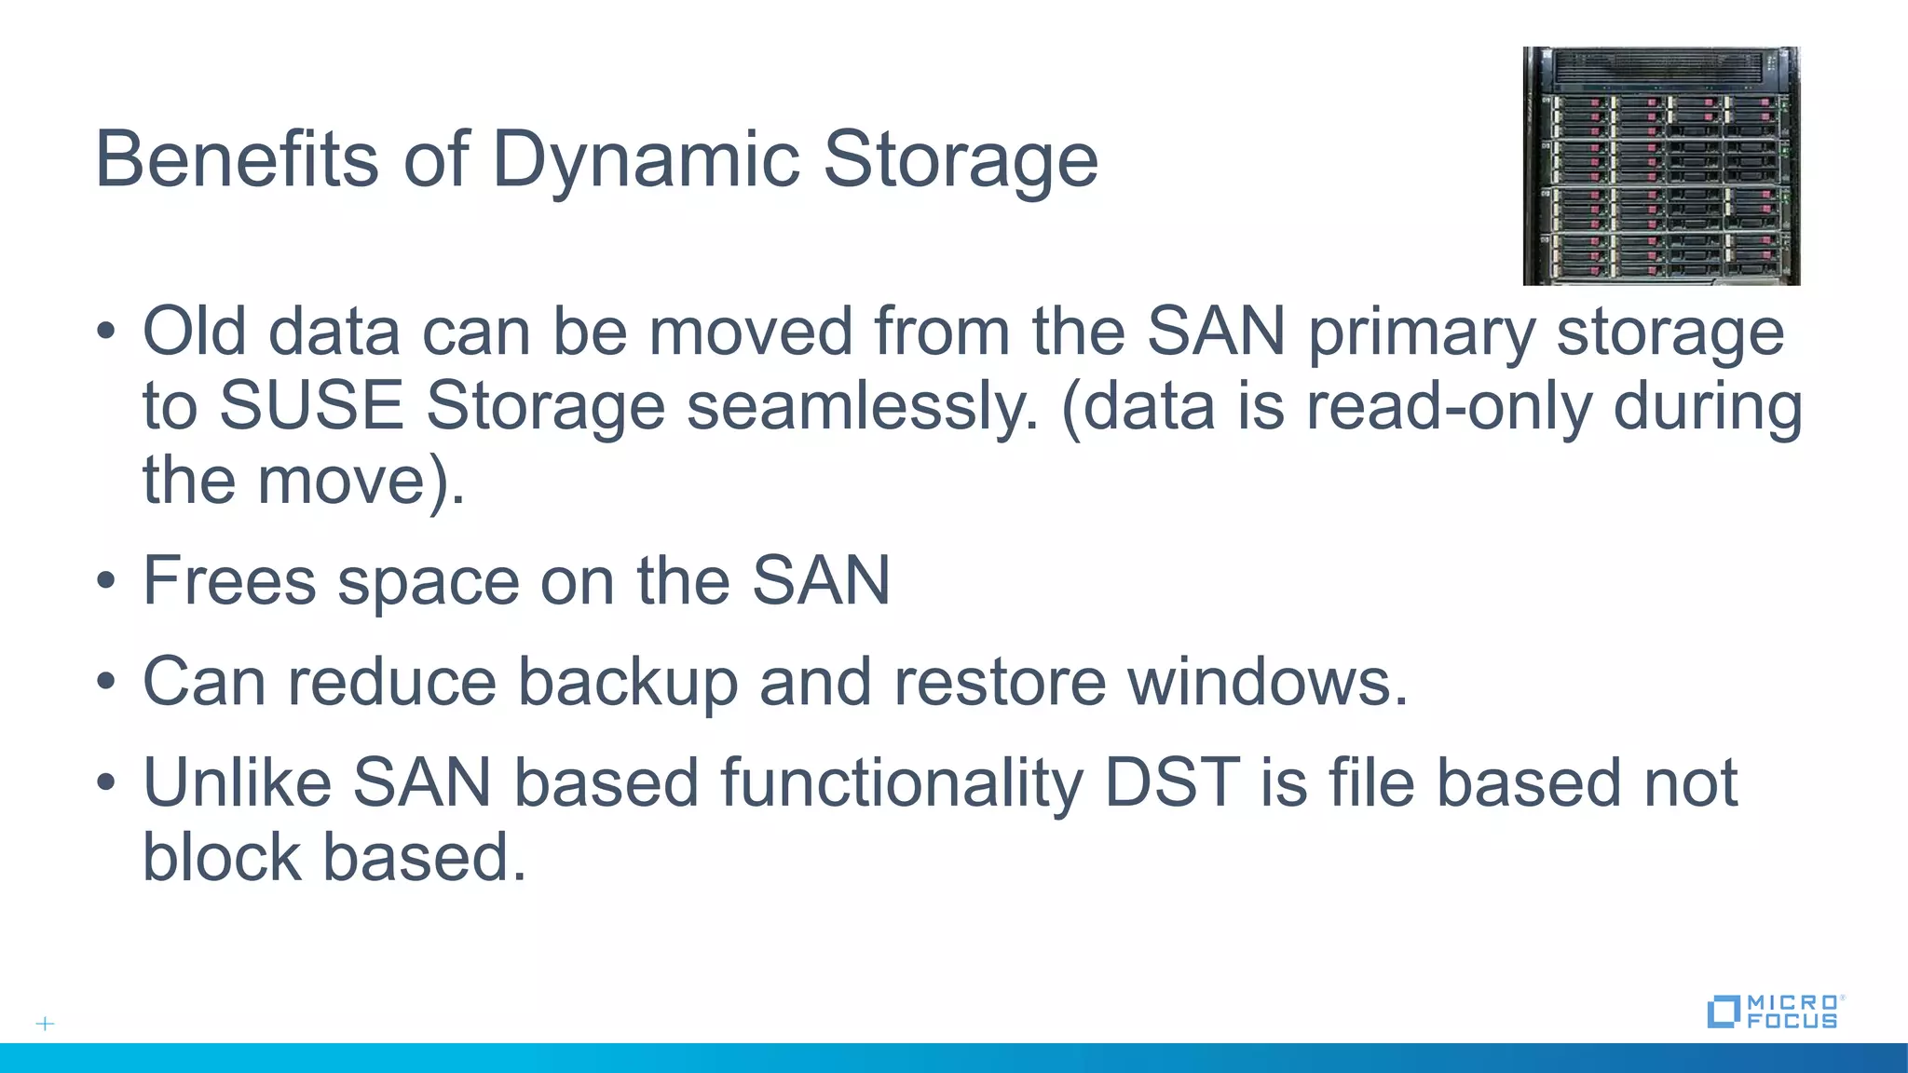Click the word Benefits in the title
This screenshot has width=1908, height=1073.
[237, 159]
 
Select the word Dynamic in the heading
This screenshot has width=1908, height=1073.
[645, 159]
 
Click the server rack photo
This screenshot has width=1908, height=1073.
[1661, 166]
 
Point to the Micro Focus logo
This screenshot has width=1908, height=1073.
[1775, 1012]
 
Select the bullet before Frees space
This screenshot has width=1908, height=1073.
[106, 581]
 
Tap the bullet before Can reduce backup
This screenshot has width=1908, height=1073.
[106, 682]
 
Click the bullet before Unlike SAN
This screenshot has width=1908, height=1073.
[106, 782]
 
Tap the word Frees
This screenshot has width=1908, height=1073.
[229, 581]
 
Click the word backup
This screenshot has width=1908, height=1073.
[627, 682]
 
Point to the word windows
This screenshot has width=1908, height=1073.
[1267, 682]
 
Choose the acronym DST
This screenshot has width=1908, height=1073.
[1172, 782]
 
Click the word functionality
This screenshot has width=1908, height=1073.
[902, 782]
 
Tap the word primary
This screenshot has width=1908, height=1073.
[1421, 333]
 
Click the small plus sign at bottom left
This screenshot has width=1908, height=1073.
[45, 1024]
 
